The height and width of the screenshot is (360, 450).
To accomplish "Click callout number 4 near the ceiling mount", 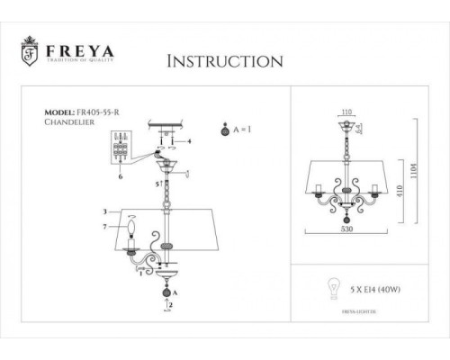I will (190, 141).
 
